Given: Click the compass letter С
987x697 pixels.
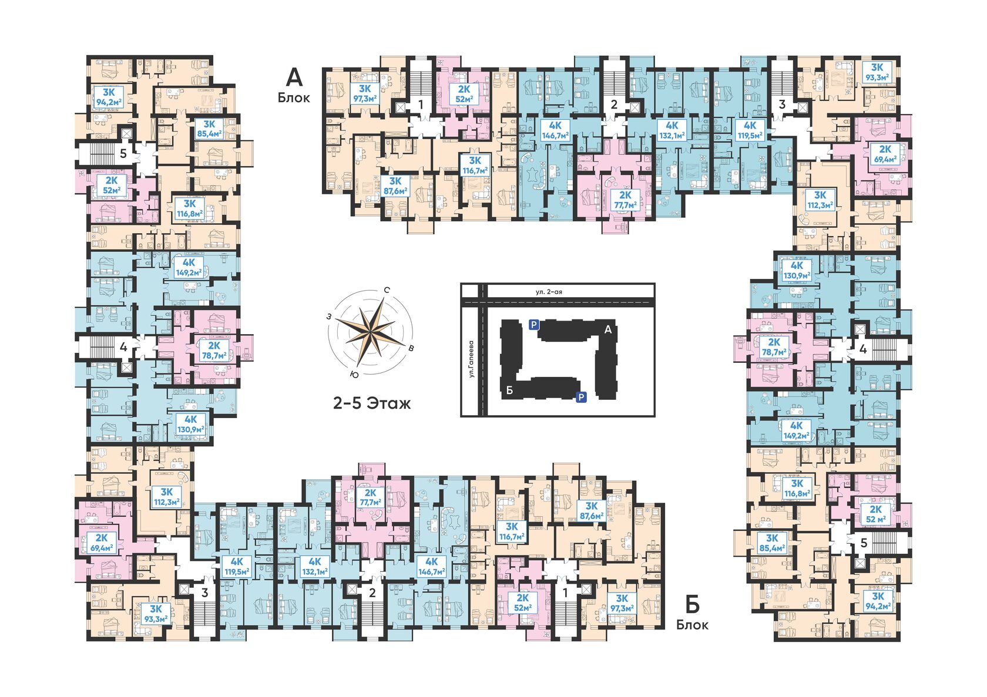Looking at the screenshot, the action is click(387, 290).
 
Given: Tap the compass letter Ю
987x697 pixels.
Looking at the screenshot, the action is click(354, 374).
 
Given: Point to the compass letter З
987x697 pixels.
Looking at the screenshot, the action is click(329, 316).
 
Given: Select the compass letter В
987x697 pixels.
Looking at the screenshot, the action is click(411, 348).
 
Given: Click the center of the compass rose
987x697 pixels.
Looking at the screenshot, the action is click(371, 332).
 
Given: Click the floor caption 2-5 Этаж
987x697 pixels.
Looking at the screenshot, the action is click(371, 403).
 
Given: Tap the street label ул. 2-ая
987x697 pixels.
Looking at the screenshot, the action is click(549, 291).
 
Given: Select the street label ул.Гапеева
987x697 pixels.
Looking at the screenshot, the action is click(471, 358).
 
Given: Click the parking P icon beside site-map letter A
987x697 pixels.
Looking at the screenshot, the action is click(533, 325).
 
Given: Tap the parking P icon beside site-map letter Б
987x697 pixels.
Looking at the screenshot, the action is click(581, 397).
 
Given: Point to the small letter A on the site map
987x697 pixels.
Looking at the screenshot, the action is click(608, 329).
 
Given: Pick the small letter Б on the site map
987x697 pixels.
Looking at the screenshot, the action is click(510, 390).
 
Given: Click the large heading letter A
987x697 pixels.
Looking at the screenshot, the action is click(294, 78).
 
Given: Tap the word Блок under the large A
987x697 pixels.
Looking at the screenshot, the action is click(294, 97).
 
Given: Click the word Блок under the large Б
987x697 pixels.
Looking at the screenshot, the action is click(693, 625).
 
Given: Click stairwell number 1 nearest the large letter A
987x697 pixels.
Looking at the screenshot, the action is click(421, 105).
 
